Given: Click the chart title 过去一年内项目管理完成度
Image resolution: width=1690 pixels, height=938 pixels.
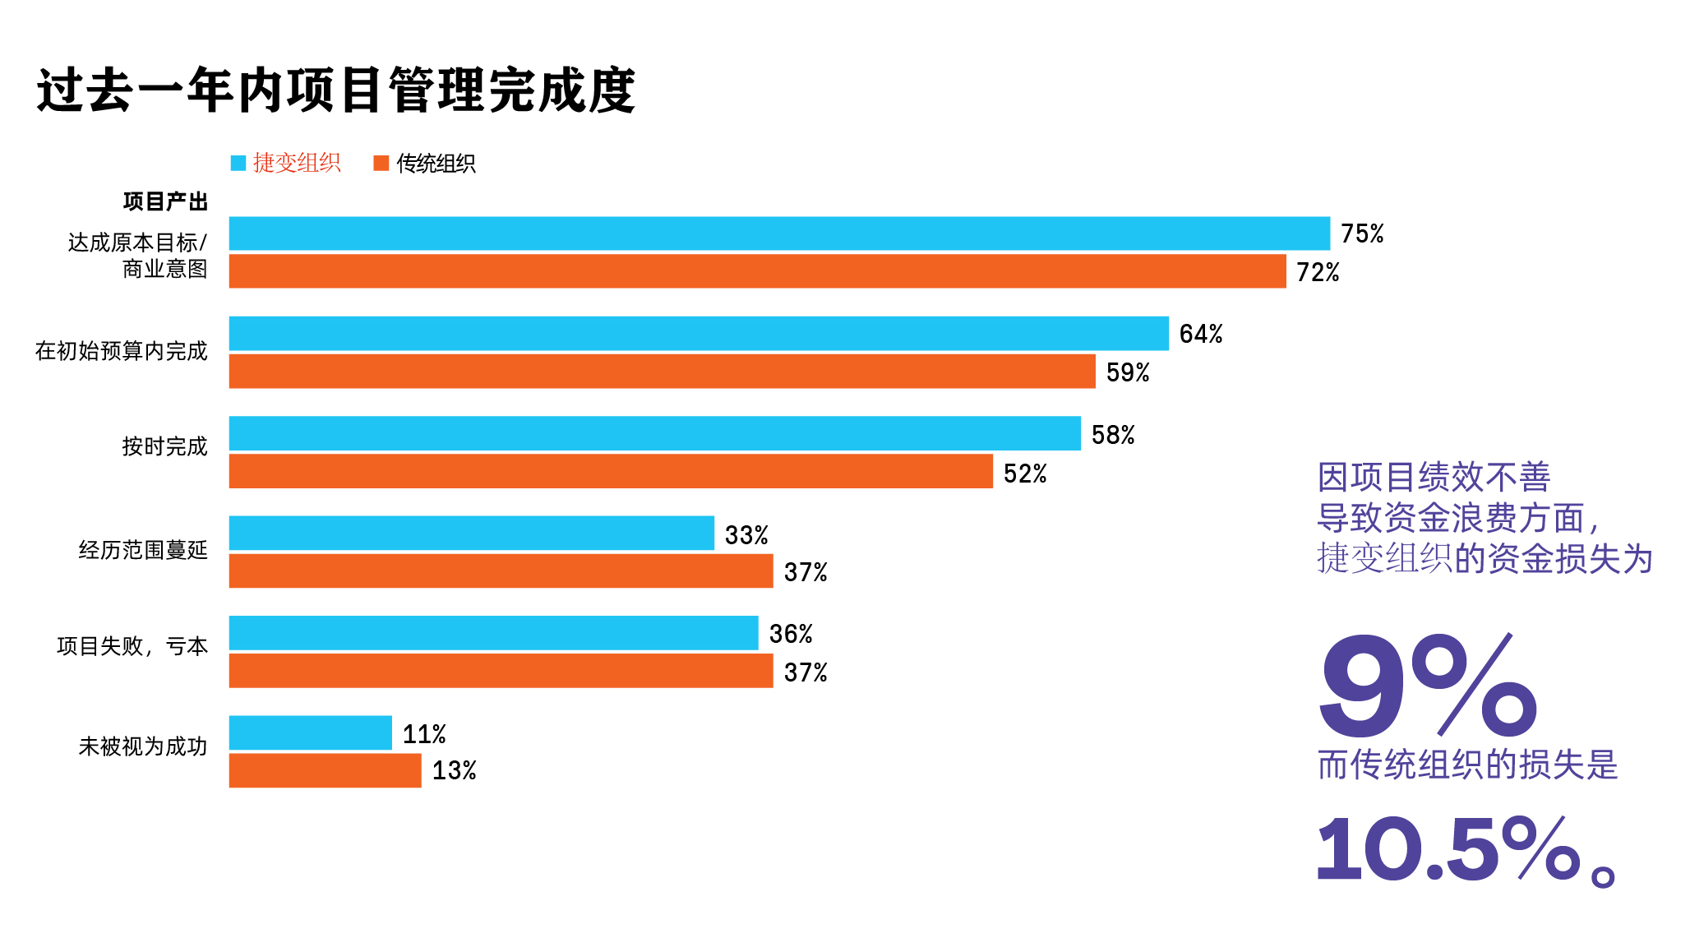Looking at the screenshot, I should click(336, 90).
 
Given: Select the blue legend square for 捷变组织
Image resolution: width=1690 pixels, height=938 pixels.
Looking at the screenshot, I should click(238, 163).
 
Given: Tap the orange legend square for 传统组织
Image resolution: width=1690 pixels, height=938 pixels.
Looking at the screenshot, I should click(381, 163).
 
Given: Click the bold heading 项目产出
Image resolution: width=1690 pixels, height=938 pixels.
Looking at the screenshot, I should click(165, 201).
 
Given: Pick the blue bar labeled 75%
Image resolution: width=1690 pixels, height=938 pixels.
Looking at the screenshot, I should click(778, 233).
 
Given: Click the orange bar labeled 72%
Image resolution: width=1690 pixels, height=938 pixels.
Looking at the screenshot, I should click(757, 271).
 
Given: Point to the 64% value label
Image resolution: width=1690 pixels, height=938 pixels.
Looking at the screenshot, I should click(1200, 334).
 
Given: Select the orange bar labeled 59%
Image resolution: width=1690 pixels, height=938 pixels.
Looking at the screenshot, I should click(662, 372).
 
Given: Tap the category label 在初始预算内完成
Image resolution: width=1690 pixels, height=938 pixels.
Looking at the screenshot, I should click(121, 351).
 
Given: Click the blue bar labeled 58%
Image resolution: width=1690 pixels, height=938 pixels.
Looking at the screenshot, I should click(654, 433).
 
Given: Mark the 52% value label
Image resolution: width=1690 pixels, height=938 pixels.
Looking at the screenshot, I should click(1025, 474).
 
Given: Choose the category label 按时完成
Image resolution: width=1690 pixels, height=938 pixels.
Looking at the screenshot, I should click(164, 446).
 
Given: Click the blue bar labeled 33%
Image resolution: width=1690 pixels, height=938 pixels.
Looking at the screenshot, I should click(471, 533).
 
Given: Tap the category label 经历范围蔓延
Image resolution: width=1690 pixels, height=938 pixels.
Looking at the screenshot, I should click(143, 550).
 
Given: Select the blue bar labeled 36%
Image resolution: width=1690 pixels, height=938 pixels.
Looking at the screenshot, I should click(493, 633).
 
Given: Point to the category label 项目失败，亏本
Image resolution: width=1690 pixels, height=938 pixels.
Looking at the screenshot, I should click(132, 646).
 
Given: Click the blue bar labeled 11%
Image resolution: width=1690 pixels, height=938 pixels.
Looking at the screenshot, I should click(310, 732).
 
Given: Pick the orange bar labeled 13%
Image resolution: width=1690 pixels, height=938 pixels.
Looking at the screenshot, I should click(325, 770).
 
